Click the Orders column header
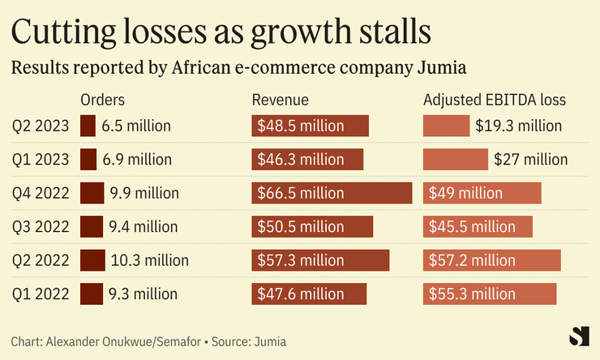[103, 101]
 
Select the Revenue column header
[281, 101]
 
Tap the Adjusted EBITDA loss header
[495, 101]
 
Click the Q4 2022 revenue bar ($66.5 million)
[332, 193]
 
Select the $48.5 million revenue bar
[310, 126]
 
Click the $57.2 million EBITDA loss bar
[491, 260]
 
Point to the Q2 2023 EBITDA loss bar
[446, 126]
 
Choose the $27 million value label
[531, 160]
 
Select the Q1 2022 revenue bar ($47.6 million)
[309, 294]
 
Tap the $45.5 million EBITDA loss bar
[478, 227]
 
